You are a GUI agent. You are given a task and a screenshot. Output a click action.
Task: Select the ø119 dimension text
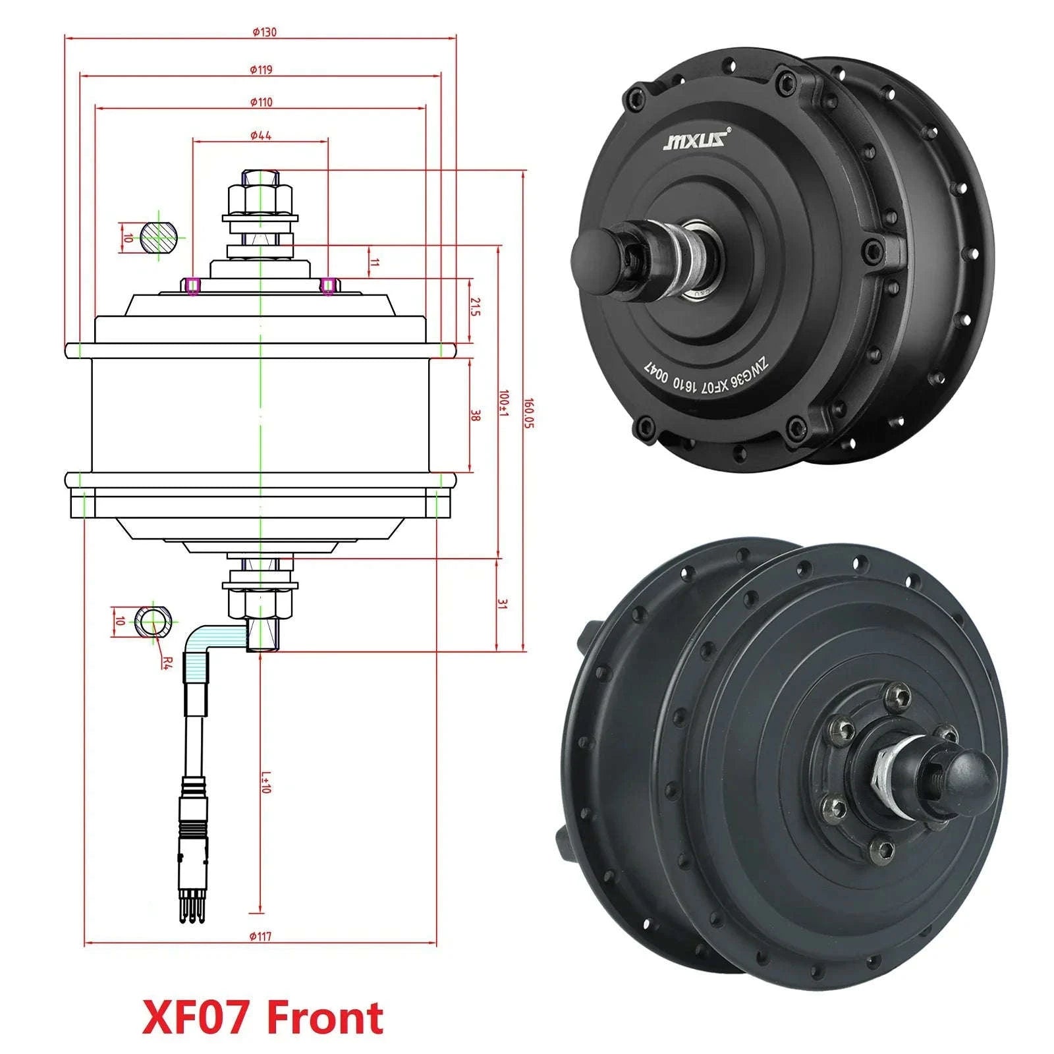[x=261, y=69]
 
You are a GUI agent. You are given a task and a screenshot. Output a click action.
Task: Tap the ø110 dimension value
[x=261, y=102]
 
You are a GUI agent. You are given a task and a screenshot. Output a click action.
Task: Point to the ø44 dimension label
[x=261, y=135]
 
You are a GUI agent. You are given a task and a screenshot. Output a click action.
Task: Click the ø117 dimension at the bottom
[x=261, y=936]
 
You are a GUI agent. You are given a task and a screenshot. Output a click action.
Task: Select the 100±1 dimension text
[x=504, y=402]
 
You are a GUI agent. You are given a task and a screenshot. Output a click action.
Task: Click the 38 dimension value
[x=476, y=415]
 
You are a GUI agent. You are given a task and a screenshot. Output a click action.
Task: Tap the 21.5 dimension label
[x=475, y=306]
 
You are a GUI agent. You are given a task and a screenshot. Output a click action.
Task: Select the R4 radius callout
[x=166, y=661]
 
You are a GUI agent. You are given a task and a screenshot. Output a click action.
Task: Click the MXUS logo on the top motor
[x=696, y=140]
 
